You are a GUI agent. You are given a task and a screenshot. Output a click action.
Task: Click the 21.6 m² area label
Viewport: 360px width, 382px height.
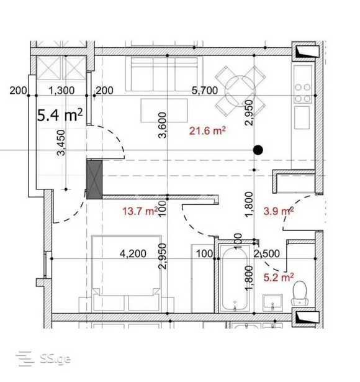(207, 131)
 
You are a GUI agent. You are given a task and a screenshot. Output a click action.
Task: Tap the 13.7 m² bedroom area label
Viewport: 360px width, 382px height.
(140, 211)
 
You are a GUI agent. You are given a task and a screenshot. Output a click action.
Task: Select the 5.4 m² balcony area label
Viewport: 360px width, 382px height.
(60, 115)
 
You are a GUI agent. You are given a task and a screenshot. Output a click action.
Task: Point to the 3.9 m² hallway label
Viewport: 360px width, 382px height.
(279, 211)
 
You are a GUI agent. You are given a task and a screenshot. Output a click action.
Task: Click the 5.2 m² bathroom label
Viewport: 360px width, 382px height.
(279, 277)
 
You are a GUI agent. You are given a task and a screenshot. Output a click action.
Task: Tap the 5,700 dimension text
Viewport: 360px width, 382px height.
(205, 91)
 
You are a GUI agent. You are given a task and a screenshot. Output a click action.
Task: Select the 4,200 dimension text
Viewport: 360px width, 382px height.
(133, 254)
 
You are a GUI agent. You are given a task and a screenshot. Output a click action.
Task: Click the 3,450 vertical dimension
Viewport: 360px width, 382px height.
(61, 143)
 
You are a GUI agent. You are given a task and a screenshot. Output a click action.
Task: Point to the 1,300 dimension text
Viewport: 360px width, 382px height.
(61, 91)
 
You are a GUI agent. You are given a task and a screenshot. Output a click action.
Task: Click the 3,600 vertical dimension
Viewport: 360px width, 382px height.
(163, 125)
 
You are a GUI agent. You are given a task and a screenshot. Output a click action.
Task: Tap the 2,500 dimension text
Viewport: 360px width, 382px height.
(267, 254)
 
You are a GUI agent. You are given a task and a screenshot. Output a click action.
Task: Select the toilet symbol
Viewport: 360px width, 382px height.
(300, 293)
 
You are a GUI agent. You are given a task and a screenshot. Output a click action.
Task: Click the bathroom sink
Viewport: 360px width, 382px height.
(273, 302)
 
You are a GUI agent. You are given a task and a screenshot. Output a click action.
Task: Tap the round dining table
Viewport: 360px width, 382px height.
(240, 91)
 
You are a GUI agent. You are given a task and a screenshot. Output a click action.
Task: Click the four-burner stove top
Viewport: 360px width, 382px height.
(303, 93)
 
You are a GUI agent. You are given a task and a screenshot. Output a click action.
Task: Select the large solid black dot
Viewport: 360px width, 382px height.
(258, 150)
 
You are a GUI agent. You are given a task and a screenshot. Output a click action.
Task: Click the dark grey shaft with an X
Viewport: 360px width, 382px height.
(94, 180)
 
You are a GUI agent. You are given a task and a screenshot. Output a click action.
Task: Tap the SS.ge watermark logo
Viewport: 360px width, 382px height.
(43, 358)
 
